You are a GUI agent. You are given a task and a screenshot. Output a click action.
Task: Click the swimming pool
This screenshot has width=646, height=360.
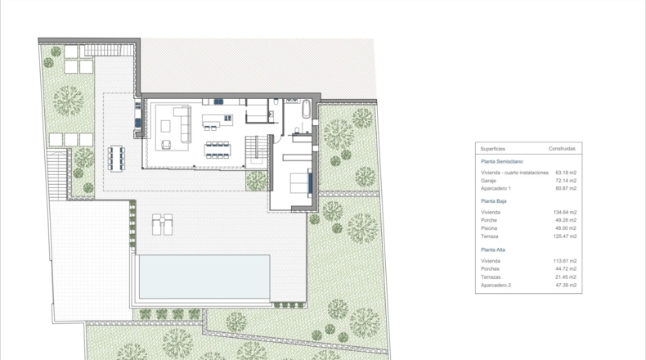204,277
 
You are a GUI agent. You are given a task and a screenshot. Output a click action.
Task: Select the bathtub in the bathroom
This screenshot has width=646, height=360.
306,109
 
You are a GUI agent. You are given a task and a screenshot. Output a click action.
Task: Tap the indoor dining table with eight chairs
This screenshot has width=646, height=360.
218,150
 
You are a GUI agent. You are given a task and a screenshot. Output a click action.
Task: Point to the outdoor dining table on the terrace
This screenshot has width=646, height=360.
116,159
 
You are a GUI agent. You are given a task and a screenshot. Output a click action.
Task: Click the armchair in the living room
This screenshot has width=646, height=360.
166,144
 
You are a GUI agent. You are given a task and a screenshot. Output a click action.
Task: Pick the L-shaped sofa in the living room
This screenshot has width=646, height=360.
183,124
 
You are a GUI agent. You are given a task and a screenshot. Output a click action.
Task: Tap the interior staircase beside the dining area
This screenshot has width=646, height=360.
257,150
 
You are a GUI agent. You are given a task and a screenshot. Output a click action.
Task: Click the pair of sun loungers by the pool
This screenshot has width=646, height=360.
163,224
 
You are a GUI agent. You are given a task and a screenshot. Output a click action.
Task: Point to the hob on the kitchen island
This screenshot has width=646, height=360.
227,119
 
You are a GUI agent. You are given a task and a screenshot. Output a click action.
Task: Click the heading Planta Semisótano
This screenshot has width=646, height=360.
502,162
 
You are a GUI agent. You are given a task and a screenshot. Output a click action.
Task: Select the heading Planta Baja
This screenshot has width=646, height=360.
494,201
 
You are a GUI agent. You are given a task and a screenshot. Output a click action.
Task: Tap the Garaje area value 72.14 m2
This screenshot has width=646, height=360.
566,181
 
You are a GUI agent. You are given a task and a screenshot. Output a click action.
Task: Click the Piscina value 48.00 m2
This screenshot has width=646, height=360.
566,228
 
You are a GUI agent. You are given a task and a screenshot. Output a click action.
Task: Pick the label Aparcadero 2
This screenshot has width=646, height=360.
496,285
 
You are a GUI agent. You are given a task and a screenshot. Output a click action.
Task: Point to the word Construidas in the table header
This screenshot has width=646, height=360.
562,148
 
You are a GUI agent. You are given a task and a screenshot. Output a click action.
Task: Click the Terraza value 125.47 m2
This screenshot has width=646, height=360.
565,236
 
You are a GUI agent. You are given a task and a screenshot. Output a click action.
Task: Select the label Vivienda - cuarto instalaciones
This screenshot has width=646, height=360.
514,173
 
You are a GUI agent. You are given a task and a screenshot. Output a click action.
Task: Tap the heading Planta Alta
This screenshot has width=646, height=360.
493,250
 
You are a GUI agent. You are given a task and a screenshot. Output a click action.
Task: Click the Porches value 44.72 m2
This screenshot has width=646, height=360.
566,269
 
